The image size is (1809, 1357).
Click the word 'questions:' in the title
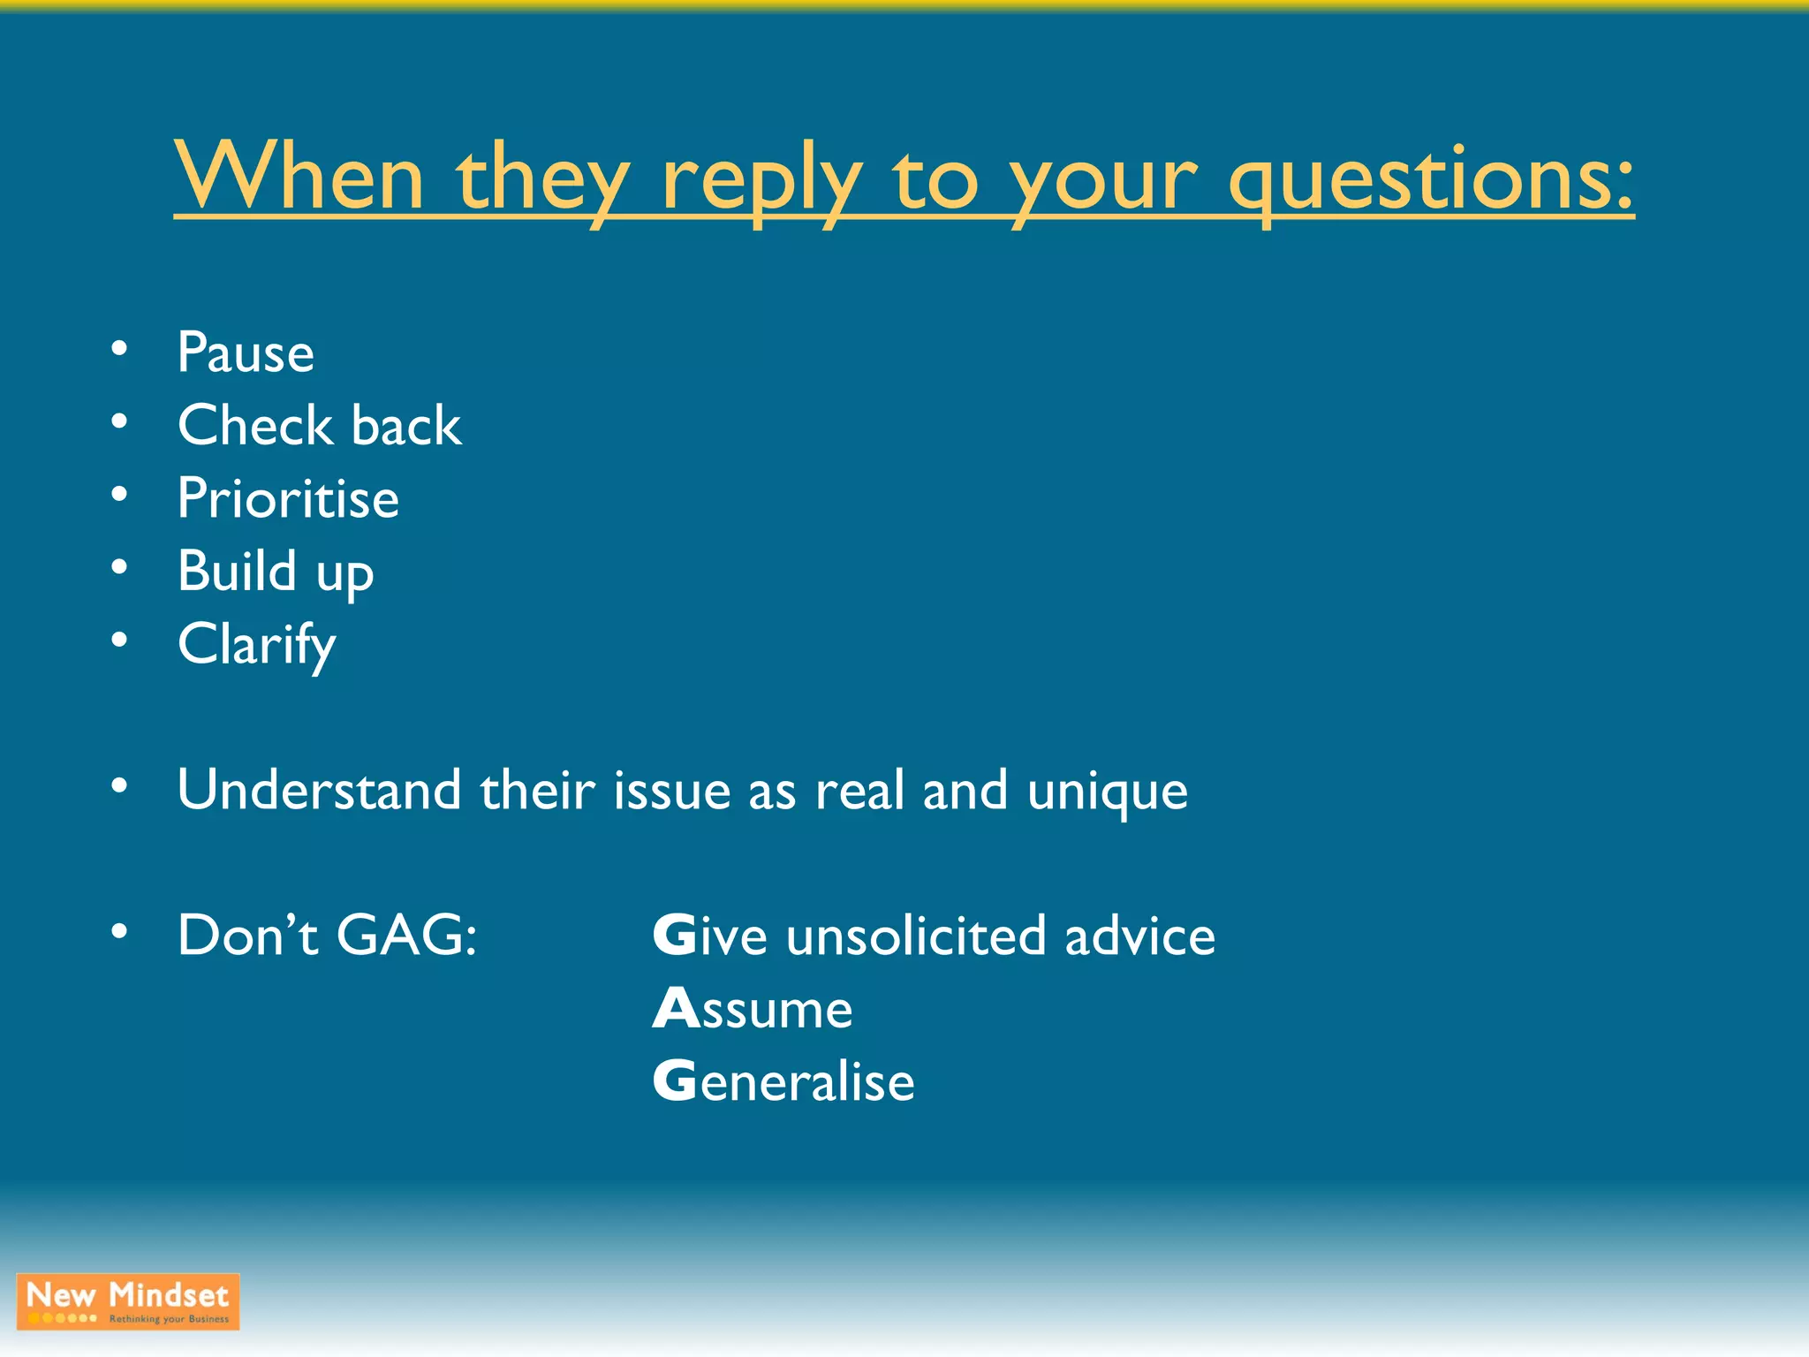(1431, 181)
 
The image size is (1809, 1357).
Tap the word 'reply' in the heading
(761, 181)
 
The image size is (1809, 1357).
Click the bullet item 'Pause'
(246, 353)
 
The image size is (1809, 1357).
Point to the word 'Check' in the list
(254, 426)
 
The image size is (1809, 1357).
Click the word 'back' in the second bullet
(406, 426)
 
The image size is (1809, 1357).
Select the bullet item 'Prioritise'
(288, 498)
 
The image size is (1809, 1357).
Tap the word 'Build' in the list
(237, 571)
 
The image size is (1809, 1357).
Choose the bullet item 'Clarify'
(256, 645)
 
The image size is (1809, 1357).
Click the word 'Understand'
(319, 790)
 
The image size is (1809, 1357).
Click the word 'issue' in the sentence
(671, 790)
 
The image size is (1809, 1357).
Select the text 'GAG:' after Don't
(406, 936)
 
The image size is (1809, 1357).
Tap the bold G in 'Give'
(674, 936)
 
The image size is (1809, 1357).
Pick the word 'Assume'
(753, 1009)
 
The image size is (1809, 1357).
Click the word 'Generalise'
(783, 1081)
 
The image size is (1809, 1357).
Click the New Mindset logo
(128, 1301)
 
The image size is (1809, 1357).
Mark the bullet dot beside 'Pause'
(119, 349)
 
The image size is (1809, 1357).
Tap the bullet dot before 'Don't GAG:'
(119, 932)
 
